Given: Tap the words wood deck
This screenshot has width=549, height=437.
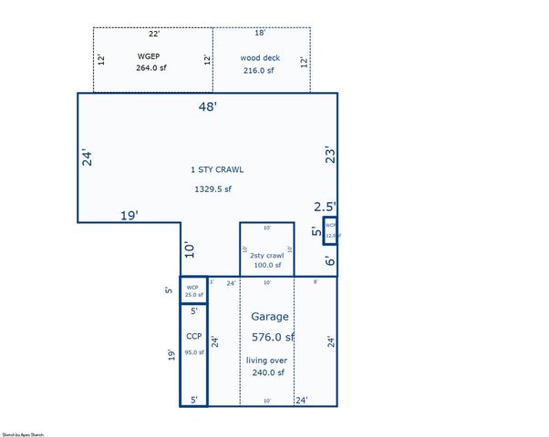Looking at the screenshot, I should click(x=260, y=57).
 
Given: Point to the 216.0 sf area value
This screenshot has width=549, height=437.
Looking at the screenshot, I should click(x=260, y=70).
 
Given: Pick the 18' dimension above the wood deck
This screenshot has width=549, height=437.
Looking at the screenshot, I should click(x=260, y=34).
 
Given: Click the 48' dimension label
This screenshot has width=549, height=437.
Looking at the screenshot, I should click(x=208, y=107).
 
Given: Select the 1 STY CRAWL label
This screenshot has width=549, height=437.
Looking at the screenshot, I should click(x=217, y=169).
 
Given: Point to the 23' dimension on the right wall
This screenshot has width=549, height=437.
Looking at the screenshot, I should click(x=331, y=156).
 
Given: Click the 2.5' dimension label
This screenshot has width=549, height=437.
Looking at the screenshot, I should click(x=326, y=207).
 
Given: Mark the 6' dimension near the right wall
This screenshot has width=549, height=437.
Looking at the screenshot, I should click(x=330, y=260).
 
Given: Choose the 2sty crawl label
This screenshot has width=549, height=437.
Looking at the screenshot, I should click(x=266, y=256).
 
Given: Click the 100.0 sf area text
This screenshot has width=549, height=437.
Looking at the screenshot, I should click(x=266, y=265).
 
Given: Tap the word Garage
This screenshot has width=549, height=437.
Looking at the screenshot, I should click(x=270, y=317).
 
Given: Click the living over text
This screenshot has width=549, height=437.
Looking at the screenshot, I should click(x=266, y=360).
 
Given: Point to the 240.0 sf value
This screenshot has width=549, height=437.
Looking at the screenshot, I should click(x=266, y=372).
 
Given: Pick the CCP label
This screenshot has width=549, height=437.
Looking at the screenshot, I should click(x=193, y=336).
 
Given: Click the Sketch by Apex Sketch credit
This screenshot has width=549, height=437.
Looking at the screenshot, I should click(x=24, y=434).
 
